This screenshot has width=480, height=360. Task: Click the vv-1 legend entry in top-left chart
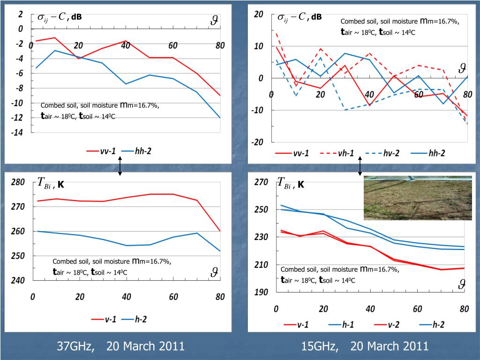[x=101, y=151]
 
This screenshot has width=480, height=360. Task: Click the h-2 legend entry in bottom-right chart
[x=430, y=324]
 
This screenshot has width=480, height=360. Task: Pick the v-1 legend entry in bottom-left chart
[x=104, y=319]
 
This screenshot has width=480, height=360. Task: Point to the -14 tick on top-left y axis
[x=17, y=133]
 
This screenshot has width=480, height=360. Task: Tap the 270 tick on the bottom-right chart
[x=261, y=182]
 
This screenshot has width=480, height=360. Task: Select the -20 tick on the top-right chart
[x=258, y=142]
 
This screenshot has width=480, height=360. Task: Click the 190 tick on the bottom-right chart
[x=261, y=292]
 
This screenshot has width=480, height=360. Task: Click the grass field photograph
[x=418, y=198]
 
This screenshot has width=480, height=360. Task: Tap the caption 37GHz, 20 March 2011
[x=120, y=346]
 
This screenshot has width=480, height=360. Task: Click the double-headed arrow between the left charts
[x=120, y=166]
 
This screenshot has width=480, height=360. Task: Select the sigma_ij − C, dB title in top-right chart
[x=299, y=17]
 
